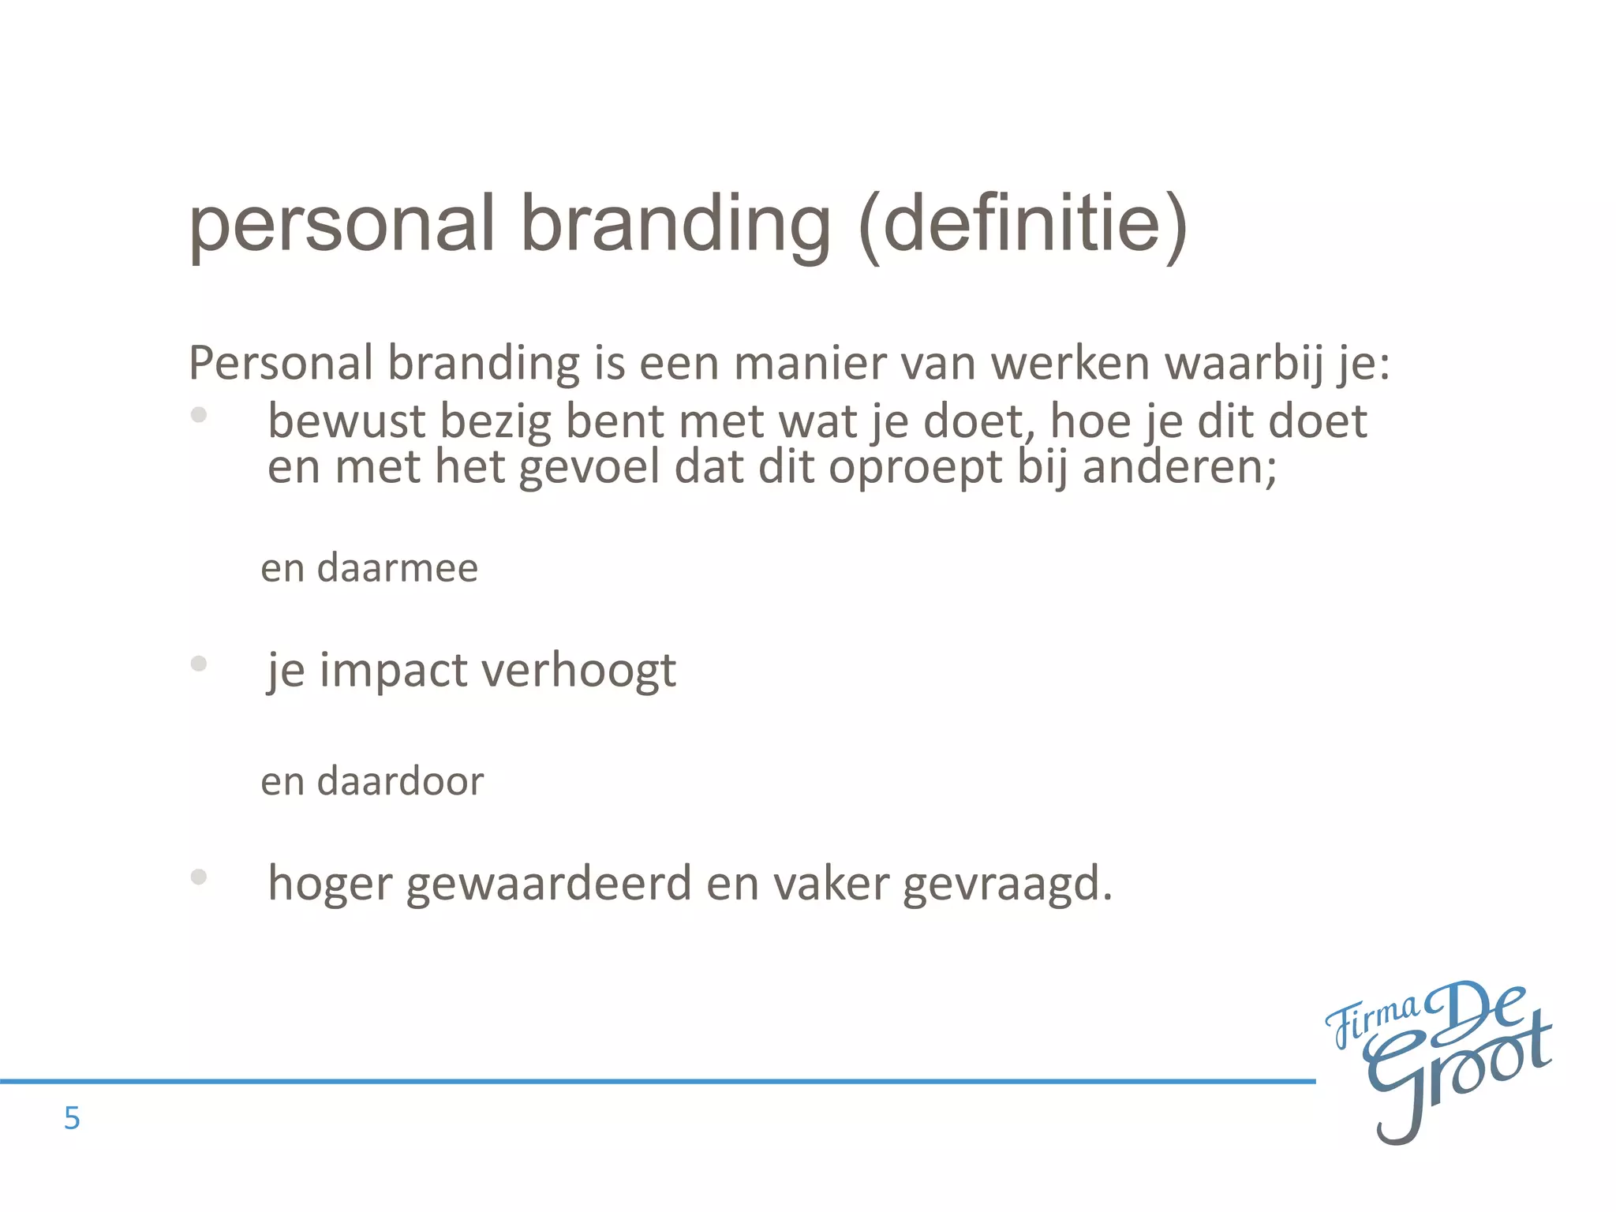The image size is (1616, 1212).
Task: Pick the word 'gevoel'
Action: click(x=589, y=466)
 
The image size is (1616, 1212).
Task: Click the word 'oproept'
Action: click(x=915, y=468)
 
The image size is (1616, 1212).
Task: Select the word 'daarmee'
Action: click(x=398, y=568)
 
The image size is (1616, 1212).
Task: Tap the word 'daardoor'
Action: click(x=400, y=781)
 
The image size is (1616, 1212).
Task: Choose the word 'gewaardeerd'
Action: click(x=548, y=883)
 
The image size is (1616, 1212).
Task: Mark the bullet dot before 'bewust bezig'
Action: click(x=199, y=414)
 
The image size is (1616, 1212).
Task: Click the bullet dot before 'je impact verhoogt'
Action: click(x=199, y=664)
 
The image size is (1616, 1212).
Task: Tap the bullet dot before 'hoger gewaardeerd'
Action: click(x=199, y=876)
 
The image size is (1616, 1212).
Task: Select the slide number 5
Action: click(x=72, y=1118)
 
